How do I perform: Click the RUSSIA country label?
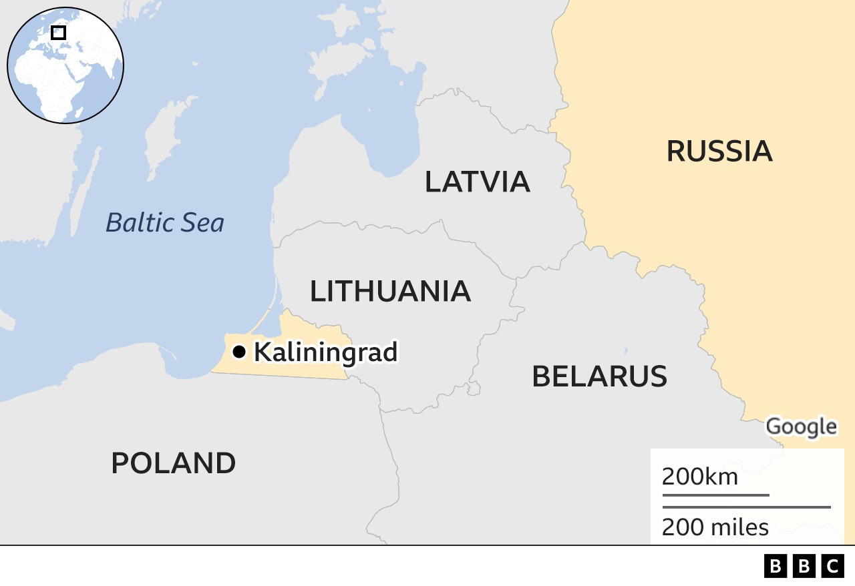(x=719, y=152)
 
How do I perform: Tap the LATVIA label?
(x=477, y=182)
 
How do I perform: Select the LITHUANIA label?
(x=390, y=292)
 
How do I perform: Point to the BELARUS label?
(x=599, y=376)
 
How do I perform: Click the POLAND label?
(x=173, y=463)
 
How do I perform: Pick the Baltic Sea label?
(x=164, y=223)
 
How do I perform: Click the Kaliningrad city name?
(x=325, y=352)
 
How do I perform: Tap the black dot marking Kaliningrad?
(x=239, y=352)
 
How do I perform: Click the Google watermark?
(x=800, y=426)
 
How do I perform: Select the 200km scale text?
(x=699, y=477)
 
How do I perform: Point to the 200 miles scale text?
(x=715, y=527)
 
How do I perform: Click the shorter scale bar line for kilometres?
(x=715, y=495)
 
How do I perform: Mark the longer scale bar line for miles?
(x=746, y=507)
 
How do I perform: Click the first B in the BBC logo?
(x=775, y=567)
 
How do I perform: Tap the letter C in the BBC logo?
(x=832, y=567)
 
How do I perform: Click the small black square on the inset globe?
(x=59, y=32)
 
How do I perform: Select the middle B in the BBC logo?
(x=804, y=567)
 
